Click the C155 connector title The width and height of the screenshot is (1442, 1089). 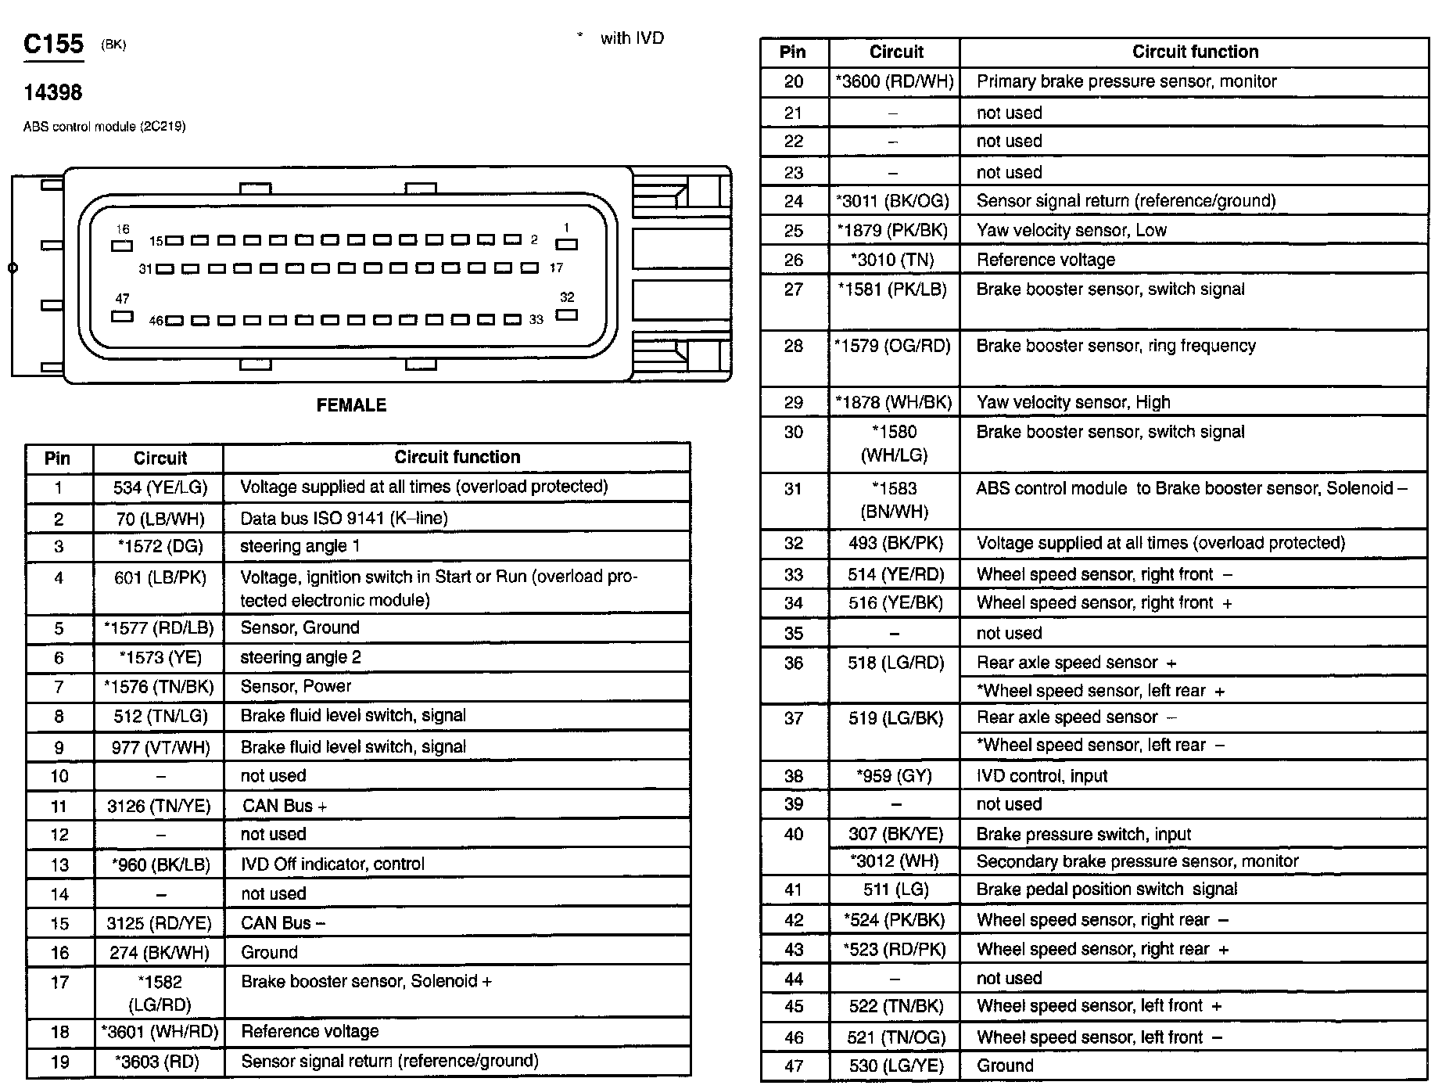coord(53,44)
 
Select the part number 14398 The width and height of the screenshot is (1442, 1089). coord(52,93)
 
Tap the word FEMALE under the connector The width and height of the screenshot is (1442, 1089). coord(351,405)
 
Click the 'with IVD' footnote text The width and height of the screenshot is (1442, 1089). coord(631,38)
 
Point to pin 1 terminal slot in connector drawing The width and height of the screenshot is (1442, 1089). coord(566,244)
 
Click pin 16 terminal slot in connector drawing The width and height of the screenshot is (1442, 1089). coord(122,245)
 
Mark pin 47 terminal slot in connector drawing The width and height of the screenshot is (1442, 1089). coord(122,316)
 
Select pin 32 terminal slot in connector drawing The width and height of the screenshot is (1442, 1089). coord(566,314)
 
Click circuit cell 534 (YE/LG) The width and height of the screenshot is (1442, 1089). coord(160,488)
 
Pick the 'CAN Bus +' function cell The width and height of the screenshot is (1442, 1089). coord(284,806)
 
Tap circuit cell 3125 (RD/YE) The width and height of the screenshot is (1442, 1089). coord(159,923)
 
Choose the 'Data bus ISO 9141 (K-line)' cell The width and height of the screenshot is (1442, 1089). coord(343,518)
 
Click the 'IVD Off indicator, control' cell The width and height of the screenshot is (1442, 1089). coord(332,864)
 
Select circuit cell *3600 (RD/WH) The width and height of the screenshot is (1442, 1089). coord(895,81)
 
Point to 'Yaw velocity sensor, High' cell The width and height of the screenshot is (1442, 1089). coord(1073,402)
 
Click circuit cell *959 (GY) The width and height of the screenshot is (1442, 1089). coord(894,776)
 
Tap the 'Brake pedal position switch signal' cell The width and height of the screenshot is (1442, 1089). coord(1107,889)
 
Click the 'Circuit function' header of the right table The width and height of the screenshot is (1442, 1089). coord(1195,52)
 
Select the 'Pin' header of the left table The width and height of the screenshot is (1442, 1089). coord(57,458)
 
